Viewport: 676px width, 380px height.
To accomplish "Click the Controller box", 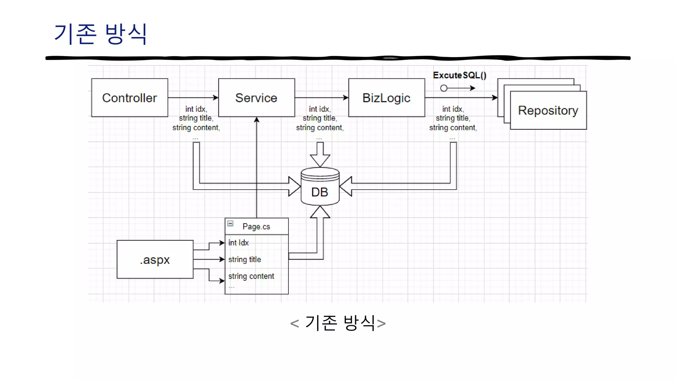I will point(129,98).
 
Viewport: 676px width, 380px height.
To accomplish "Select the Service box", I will point(256,98).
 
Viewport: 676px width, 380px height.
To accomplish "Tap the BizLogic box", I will point(386,98).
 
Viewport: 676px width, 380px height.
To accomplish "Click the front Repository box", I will point(548,111).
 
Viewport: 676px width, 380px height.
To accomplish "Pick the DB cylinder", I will point(320,187).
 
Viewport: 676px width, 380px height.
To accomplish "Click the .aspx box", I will point(155,260).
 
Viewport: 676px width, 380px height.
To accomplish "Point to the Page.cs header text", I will point(256,227).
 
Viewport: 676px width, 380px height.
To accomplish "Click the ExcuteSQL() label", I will point(459,75).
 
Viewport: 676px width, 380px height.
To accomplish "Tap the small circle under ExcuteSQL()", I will point(444,88).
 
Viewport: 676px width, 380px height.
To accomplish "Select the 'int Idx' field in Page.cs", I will point(239,243).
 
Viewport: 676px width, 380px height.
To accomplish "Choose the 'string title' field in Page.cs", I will point(245,260).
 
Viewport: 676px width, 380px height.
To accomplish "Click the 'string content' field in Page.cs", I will point(251,276).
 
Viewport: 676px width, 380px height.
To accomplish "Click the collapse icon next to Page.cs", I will point(230,223).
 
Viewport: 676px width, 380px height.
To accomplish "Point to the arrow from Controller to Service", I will point(193,98).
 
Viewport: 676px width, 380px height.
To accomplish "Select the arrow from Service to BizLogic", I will point(321,98).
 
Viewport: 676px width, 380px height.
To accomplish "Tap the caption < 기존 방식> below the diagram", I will point(338,323).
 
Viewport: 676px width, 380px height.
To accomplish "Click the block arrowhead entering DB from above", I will point(320,160).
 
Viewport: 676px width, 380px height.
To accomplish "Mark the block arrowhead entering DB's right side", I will point(346,186).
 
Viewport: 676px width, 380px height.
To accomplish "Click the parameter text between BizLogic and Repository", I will point(453,118).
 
